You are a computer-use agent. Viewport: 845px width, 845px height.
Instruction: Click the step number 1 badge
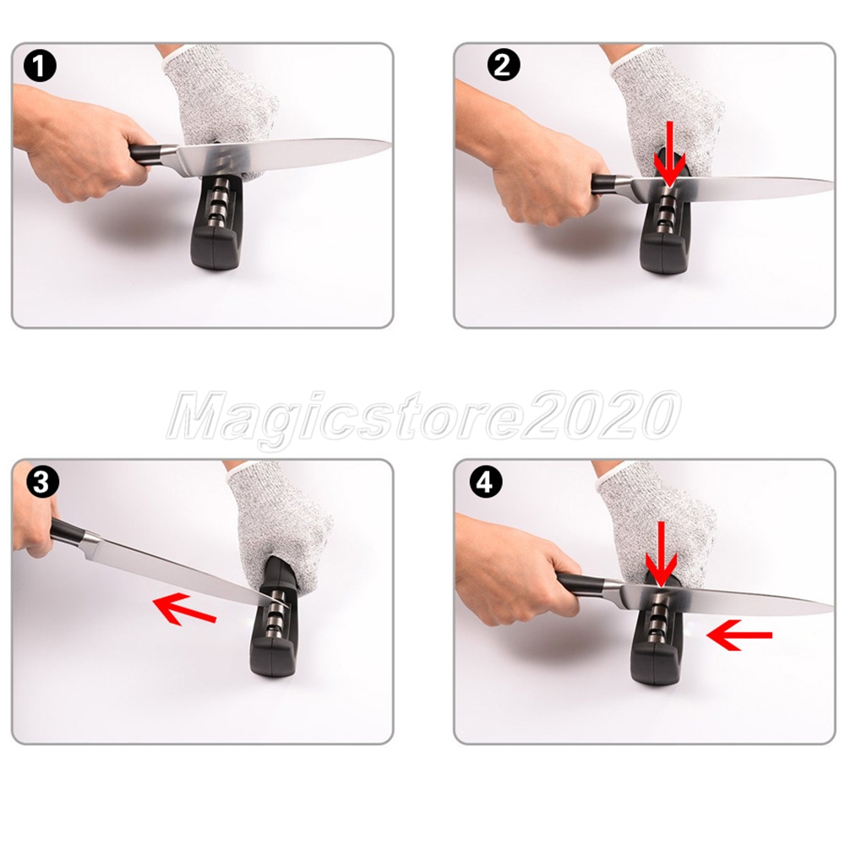(40, 67)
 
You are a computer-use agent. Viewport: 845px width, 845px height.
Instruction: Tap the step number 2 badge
(504, 66)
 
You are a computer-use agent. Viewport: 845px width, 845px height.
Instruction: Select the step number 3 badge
(41, 482)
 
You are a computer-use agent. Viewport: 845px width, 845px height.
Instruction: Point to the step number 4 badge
(486, 482)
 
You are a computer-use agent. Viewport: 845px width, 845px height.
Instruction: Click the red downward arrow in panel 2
(669, 154)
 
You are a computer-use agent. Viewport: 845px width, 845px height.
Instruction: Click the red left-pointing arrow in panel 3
(185, 608)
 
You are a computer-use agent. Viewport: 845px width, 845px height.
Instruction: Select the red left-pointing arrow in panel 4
(739, 635)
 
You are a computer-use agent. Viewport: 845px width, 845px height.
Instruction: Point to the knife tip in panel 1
(390, 143)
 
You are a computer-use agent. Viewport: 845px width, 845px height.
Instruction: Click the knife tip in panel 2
(833, 183)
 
